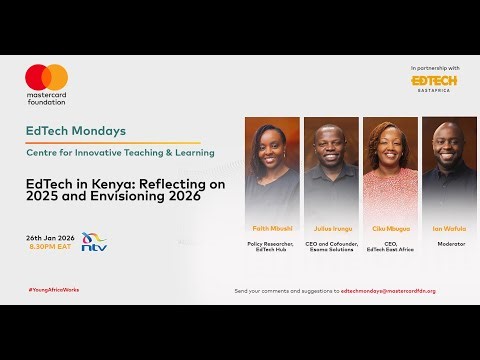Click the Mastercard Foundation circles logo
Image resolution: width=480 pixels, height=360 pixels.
[46, 78]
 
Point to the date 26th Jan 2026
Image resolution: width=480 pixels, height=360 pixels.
[49, 237]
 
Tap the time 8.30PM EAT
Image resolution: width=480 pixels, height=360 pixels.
[47, 246]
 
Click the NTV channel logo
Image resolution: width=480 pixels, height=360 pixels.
[95, 242]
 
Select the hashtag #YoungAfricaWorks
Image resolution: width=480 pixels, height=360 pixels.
[54, 290]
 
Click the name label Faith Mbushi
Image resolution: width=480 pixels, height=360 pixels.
[272, 228]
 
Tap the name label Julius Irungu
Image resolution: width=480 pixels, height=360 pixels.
[330, 228]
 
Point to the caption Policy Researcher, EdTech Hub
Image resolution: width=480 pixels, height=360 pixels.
[272, 247]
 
